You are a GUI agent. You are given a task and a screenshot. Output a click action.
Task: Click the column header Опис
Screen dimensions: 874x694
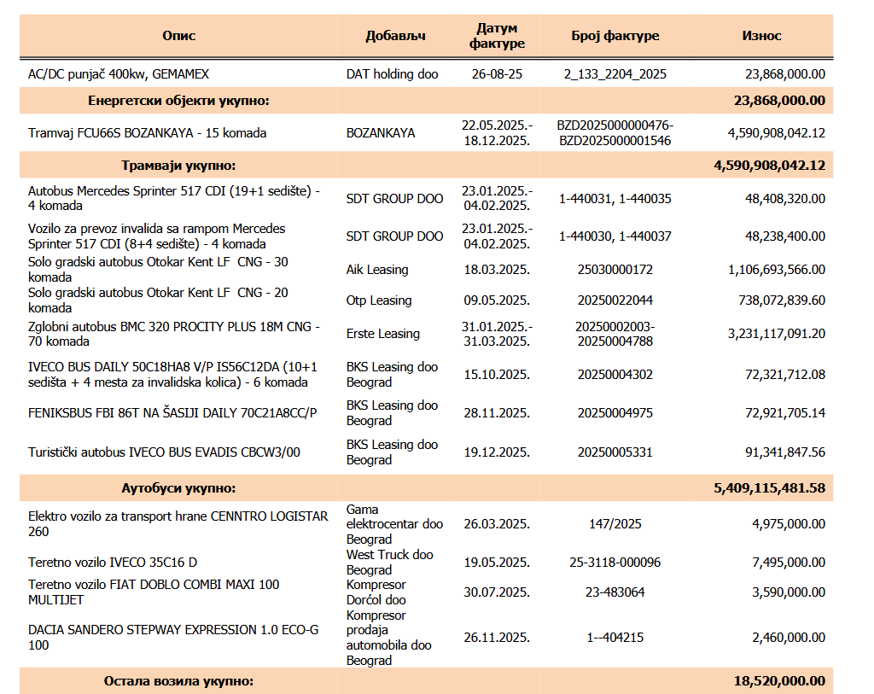point(179,36)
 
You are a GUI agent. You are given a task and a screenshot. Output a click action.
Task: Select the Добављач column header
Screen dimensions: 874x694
point(395,36)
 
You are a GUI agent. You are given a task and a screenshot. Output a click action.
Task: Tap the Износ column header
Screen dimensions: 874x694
point(761,36)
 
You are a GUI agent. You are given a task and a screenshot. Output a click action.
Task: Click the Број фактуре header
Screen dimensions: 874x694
point(615,36)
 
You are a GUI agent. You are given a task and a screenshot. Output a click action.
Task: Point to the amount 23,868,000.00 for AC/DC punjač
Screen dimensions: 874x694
point(785,74)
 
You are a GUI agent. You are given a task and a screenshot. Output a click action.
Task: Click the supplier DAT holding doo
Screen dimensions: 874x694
point(392,74)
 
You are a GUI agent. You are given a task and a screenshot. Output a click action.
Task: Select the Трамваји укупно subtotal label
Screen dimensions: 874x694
point(178,166)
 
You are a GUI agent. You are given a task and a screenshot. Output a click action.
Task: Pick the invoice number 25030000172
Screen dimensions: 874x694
point(615,270)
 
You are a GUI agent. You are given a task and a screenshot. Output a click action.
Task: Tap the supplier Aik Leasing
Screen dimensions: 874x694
point(376,270)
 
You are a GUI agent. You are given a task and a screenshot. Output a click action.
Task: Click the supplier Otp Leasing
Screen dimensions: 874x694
point(378,300)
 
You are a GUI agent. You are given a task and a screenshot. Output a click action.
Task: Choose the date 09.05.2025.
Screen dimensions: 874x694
point(497,300)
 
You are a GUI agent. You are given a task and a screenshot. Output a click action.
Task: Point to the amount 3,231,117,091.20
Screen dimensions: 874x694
point(777,334)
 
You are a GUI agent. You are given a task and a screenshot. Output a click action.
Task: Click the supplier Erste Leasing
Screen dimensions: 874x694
point(383,334)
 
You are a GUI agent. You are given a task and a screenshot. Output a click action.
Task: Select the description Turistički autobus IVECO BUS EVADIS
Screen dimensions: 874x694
point(164,452)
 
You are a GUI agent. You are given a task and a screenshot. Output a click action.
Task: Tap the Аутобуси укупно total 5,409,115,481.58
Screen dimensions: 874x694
point(769,488)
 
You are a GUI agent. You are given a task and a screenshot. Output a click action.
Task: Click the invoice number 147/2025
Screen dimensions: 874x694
point(615,524)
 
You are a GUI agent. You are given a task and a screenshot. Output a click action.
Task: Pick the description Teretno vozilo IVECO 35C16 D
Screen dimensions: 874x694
point(113,563)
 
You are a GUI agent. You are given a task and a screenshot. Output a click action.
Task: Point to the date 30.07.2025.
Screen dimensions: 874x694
point(497,592)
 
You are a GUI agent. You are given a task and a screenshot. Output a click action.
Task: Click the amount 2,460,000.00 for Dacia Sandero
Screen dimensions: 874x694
point(788,638)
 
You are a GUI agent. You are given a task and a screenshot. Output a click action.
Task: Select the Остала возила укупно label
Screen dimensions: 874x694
point(178,681)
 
